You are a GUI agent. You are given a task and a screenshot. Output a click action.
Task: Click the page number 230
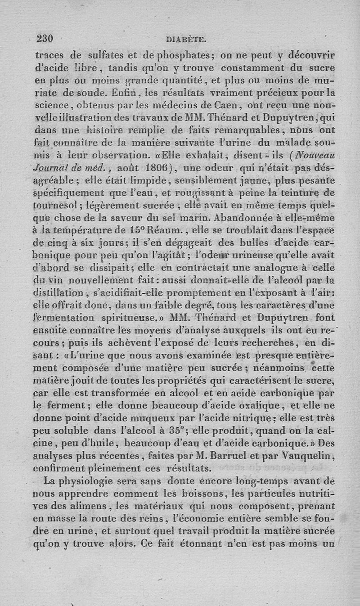(45, 39)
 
